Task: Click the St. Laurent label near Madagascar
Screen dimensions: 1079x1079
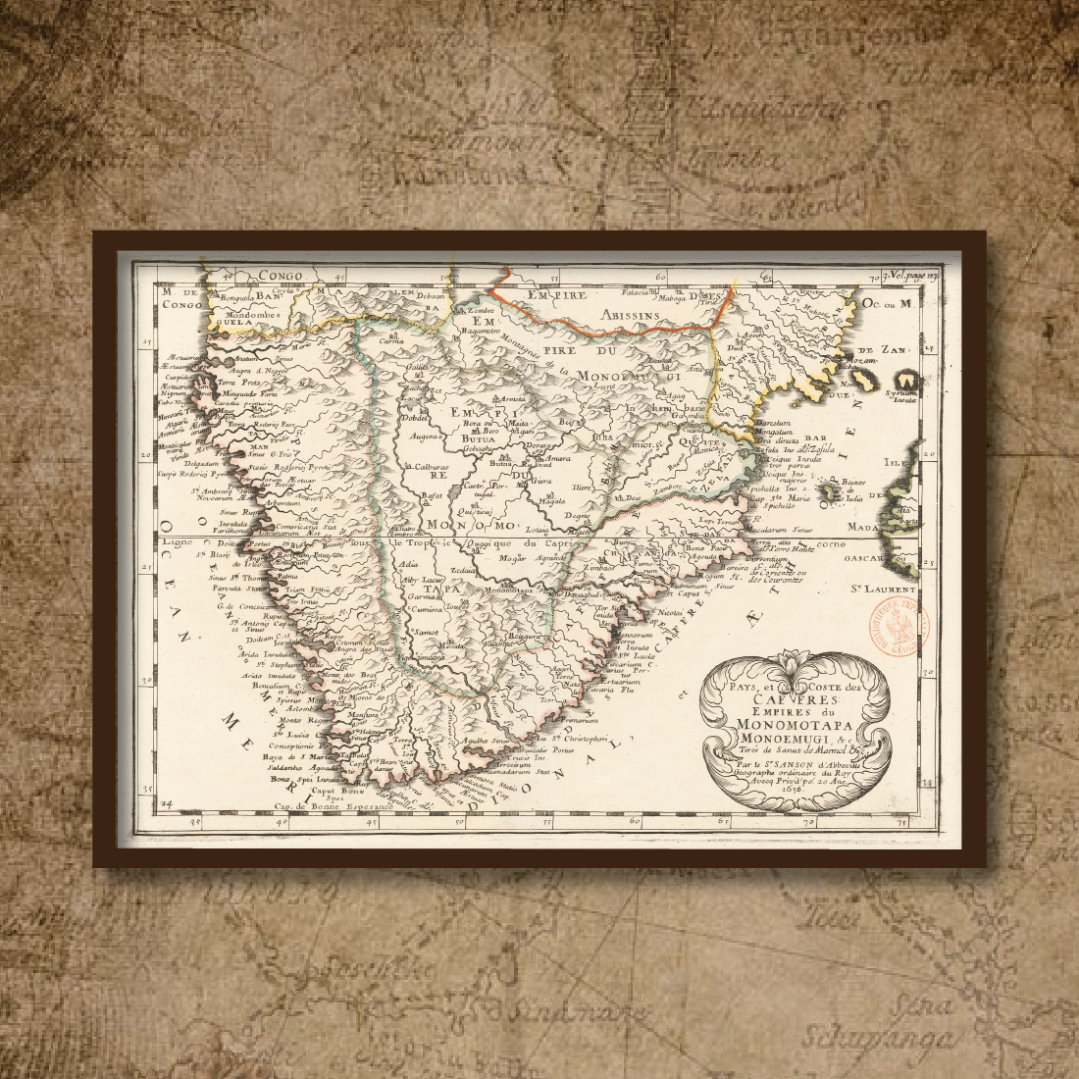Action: (x=883, y=590)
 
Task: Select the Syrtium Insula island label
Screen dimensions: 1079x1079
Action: (x=904, y=397)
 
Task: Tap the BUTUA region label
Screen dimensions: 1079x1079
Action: (x=480, y=442)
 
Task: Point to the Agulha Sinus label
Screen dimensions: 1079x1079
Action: (x=487, y=741)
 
